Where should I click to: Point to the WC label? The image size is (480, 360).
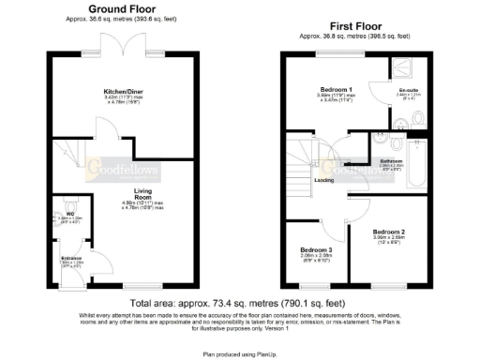click(x=70, y=199)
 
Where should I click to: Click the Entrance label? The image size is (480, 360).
click(x=71, y=255)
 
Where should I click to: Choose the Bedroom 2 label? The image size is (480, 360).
click(x=388, y=231)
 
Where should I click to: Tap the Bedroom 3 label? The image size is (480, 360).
click(x=316, y=249)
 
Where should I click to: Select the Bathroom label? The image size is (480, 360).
click(x=391, y=161)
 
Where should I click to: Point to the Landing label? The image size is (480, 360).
click(x=324, y=179)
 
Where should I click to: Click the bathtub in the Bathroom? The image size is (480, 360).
click(x=418, y=160)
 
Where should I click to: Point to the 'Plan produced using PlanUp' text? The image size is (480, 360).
click(x=239, y=354)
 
